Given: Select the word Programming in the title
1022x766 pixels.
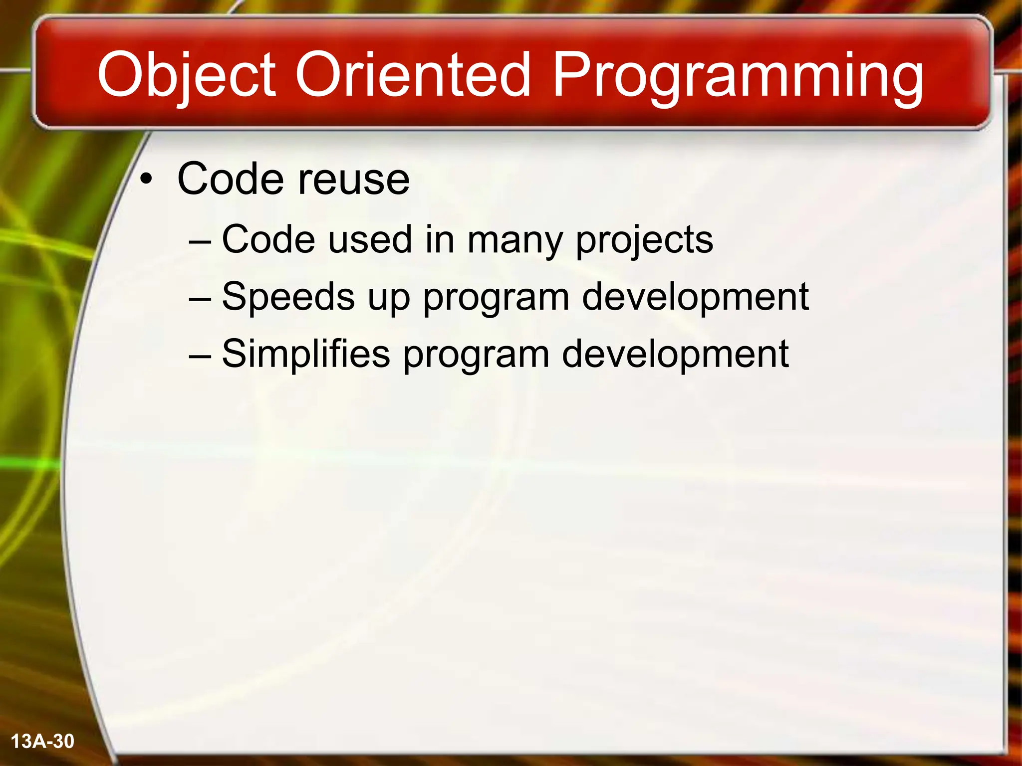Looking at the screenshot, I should tap(738, 76).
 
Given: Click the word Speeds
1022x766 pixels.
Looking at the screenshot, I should tap(288, 297).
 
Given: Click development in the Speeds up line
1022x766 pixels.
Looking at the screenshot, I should tap(695, 297).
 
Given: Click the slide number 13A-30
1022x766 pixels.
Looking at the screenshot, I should tap(42, 742).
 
